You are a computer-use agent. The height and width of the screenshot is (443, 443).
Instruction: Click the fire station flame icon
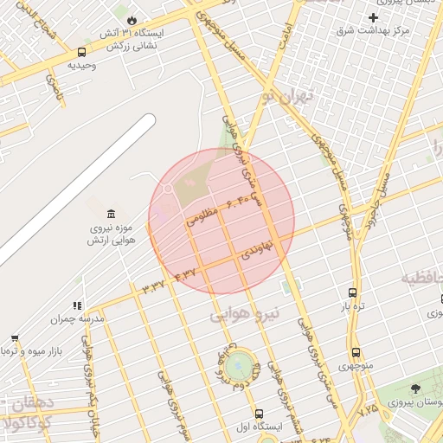[132, 19]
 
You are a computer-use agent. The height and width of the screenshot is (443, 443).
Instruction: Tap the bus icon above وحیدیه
[81, 52]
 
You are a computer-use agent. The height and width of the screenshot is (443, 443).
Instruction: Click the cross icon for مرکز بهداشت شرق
[373, 17]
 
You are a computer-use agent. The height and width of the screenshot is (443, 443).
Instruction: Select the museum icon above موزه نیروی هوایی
[109, 214]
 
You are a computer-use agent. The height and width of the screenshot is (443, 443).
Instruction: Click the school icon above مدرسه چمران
[77, 305]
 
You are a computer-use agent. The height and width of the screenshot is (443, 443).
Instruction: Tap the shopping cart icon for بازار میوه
[15, 338]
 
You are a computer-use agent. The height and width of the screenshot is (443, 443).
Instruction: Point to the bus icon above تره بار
[352, 292]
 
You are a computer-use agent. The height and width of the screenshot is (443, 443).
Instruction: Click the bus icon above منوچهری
[356, 352]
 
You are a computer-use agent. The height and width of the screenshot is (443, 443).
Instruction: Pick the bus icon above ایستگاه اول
[260, 413]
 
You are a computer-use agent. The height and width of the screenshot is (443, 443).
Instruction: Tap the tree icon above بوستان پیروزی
[416, 388]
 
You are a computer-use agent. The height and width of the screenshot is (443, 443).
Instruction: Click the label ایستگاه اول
[260, 427]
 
